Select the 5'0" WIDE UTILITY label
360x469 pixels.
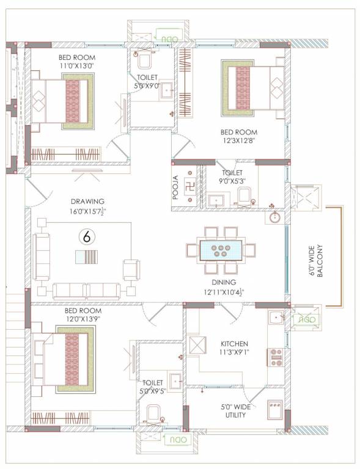tap(233, 410)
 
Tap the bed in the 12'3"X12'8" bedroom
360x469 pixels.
tap(252, 88)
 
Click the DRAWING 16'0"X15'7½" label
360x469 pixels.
tap(87, 206)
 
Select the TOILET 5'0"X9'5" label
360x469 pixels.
tap(152, 387)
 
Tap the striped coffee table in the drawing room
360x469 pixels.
tap(86, 256)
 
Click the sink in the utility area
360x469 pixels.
tap(274, 407)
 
